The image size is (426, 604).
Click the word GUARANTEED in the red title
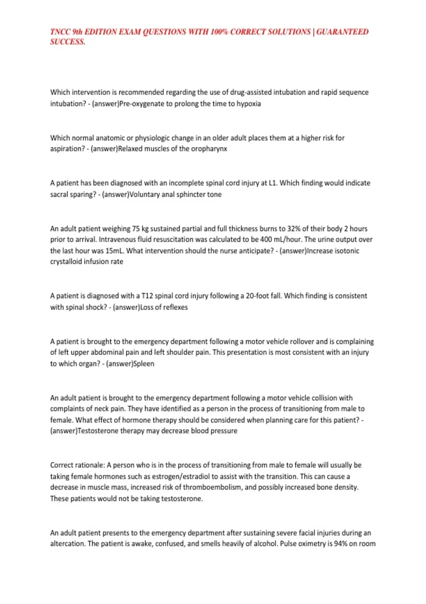pos(342,32)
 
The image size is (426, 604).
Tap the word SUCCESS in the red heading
pos(67,42)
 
